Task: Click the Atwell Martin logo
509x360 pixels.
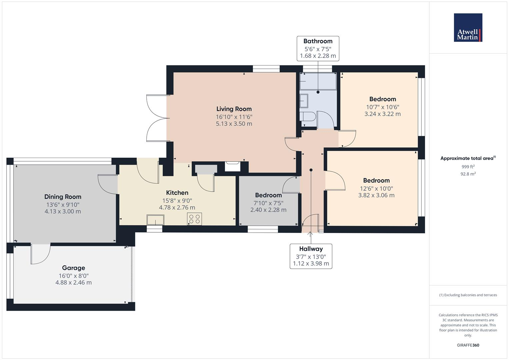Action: coord(468,28)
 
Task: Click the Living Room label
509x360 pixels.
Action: coord(234,109)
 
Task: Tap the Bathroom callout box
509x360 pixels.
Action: coord(318,49)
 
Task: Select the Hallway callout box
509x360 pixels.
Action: coord(311,256)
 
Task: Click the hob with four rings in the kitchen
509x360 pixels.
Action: coord(194,219)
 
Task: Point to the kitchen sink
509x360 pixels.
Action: coord(155,220)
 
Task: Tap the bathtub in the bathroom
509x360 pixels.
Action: coord(318,81)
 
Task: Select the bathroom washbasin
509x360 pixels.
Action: coord(304,100)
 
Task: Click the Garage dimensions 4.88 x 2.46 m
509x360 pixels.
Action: coord(73,283)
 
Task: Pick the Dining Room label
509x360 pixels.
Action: coord(63,197)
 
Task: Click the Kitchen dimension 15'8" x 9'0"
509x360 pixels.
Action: coord(177,201)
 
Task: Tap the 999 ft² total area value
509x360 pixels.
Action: coord(468,167)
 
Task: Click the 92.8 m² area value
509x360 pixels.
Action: coord(468,174)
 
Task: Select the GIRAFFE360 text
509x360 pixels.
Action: coord(468,345)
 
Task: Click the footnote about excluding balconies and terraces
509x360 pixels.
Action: coord(468,295)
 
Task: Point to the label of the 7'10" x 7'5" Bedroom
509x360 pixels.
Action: coord(268,195)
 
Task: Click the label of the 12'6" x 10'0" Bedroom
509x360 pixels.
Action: coord(376,180)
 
